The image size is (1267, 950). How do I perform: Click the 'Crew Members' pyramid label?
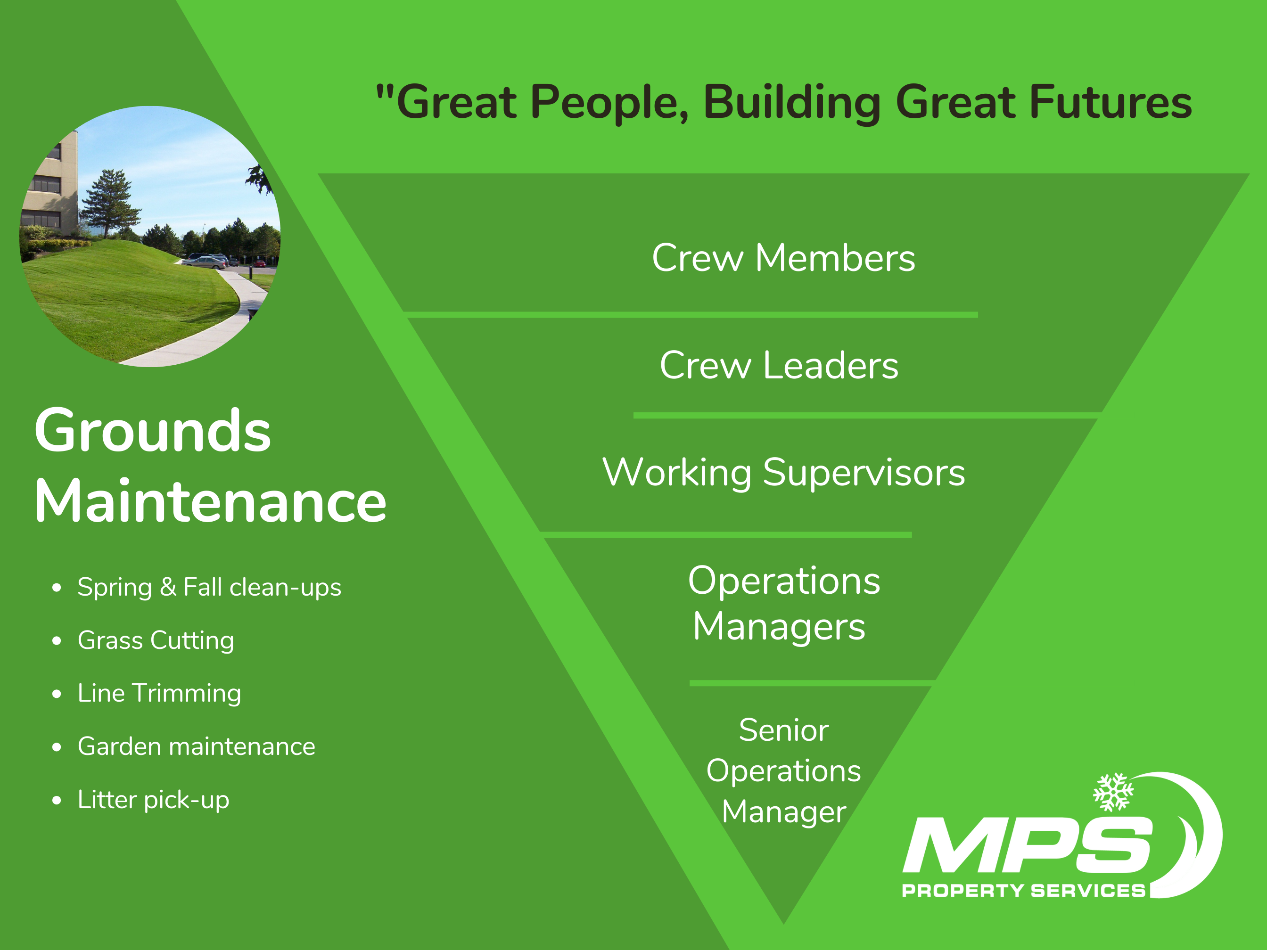point(783,258)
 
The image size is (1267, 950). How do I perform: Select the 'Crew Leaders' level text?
point(779,365)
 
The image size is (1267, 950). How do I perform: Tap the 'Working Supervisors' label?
point(783,473)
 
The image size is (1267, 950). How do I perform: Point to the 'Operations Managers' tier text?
point(783,604)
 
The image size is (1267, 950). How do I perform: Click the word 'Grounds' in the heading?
point(152,431)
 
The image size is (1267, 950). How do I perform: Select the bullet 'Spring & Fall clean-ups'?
point(209,588)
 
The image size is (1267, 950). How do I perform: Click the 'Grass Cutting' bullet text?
point(156,641)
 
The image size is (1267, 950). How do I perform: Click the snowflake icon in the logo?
point(1113,792)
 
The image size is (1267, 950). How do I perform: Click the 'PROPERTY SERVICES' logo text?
point(1024,891)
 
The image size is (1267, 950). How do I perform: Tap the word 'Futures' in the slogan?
point(1111,102)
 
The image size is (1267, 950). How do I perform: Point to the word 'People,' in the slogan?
point(609,103)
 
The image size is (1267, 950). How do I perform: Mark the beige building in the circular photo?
point(50,186)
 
